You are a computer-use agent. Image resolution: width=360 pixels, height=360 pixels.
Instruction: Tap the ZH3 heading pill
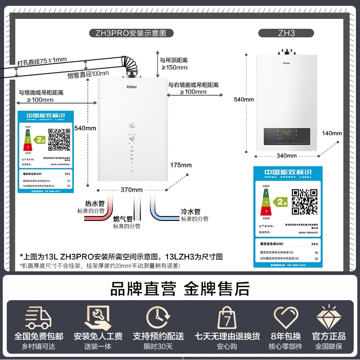(287, 33)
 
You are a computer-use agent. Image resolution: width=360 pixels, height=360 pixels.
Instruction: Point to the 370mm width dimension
(131, 189)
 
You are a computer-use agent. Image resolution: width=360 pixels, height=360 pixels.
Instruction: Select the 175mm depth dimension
(181, 165)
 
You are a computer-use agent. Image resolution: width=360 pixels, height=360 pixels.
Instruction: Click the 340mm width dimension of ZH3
(287, 156)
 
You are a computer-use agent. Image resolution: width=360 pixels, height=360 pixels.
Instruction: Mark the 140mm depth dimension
(332, 133)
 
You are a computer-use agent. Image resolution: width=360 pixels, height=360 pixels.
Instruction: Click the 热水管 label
(94, 204)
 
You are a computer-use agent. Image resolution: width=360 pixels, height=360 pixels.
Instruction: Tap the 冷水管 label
(190, 211)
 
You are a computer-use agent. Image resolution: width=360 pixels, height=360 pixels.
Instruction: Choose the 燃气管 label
(123, 219)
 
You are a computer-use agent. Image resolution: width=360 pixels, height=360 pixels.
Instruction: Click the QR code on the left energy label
(59, 139)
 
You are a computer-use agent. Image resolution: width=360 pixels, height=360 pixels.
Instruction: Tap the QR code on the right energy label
(305, 202)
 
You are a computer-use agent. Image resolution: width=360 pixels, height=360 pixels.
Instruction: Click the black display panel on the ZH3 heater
(287, 134)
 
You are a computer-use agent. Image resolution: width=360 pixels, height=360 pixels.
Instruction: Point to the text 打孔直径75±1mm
(42, 60)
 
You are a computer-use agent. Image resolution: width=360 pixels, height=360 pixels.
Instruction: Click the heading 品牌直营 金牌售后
(180, 289)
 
